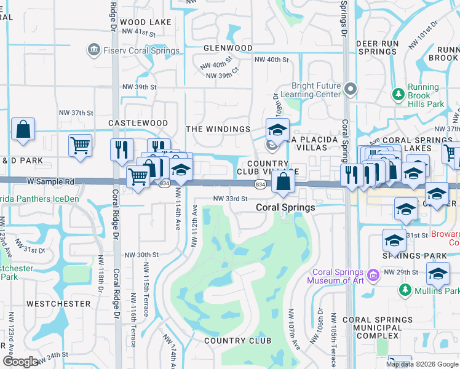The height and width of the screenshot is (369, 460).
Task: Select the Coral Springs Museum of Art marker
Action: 373,274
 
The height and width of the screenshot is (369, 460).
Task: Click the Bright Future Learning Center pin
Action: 351,90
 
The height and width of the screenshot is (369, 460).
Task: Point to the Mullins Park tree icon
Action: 405,289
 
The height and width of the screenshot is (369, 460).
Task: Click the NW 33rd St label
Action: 230,199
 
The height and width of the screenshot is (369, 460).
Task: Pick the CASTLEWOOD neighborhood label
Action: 138,123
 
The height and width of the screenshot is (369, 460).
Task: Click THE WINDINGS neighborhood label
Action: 218,129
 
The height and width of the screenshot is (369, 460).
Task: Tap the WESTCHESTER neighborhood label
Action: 59,304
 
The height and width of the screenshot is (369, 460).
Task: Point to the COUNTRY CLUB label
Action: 237,341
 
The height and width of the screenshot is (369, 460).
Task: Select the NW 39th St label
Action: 140,87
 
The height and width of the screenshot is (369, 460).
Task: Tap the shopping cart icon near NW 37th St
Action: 80,145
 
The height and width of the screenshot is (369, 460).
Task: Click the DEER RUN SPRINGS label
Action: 376,47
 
